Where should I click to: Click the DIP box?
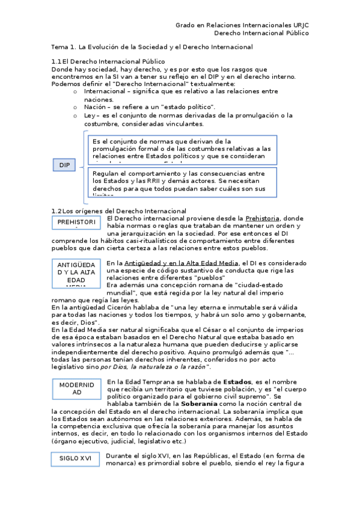pyautogui.click(x=64, y=165)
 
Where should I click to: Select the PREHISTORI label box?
pyautogui.click(x=76, y=223)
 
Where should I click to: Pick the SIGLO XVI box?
pyautogui.click(x=76, y=458)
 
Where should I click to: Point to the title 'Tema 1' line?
pyautogui.click(x=152, y=47)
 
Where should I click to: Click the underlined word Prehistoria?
pyautogui.click(x=263, y=218)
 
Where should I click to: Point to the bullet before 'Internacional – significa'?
pyautogui.click(x=75, y=91)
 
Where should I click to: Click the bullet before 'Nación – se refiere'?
pyautogui.click(x=75, y=106)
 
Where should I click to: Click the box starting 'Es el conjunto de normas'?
pyautogui.click(x=182, y=149)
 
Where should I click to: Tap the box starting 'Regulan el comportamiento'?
pyautogui.click(x=182, y=182)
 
